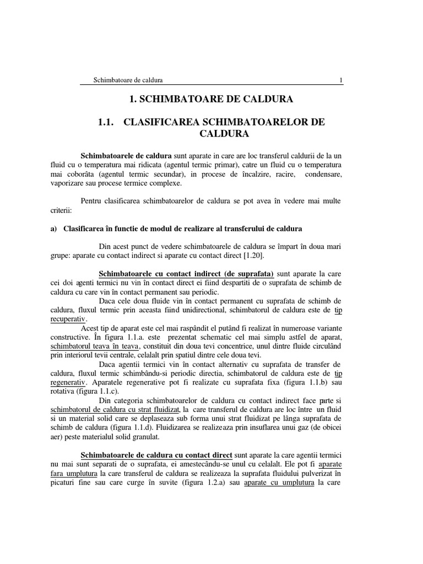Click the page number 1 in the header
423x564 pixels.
click(341, 80)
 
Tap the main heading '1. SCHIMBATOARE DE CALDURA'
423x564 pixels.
click(211, 100)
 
